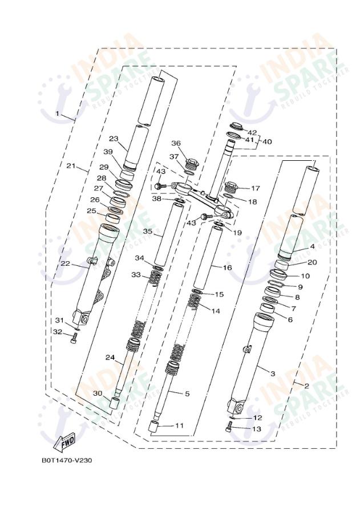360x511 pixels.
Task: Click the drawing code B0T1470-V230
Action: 67,460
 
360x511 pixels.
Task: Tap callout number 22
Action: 65,263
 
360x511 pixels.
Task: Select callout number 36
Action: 176,144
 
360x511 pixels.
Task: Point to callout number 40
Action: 268,141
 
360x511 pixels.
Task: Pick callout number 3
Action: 273,374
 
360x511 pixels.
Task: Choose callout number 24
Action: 110,357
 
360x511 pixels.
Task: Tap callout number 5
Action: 187,394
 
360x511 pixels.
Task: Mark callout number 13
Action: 256,429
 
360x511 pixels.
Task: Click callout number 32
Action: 58,331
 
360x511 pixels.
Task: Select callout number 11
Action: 179,425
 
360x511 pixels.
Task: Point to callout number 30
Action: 98,394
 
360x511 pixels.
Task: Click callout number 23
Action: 113,139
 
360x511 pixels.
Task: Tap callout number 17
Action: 255,188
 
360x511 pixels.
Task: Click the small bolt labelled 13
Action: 229,429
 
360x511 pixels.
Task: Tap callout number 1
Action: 57,113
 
